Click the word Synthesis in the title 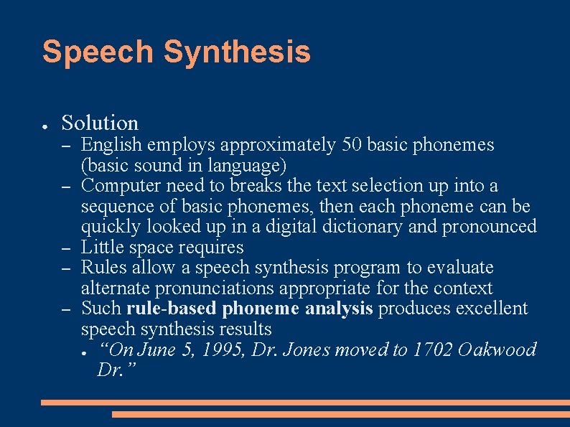click(237, 52)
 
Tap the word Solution click(100, 123)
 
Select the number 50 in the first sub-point click(352, 145)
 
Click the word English click(111, 145)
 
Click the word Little click(101, 248)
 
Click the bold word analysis click(338, 309)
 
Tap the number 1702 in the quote click(431, 350)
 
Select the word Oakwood click(497, 350)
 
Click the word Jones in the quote click(309, 350)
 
